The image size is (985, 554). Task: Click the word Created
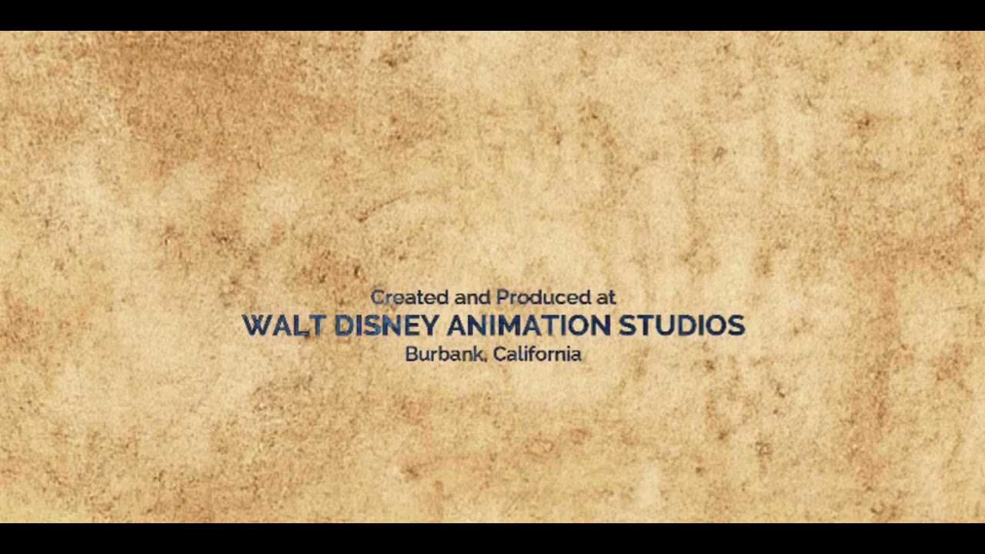(410, 297)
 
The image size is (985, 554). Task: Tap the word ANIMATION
(528, 325)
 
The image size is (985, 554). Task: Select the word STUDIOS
(682, 325)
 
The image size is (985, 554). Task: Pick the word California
(537, 355)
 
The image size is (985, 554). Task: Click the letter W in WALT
(258, 325)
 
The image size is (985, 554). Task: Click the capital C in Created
(377, 297)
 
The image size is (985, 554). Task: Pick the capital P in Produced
(503, 297)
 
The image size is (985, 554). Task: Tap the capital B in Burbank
(411, 355)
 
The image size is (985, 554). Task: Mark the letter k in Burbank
(479, 355)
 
